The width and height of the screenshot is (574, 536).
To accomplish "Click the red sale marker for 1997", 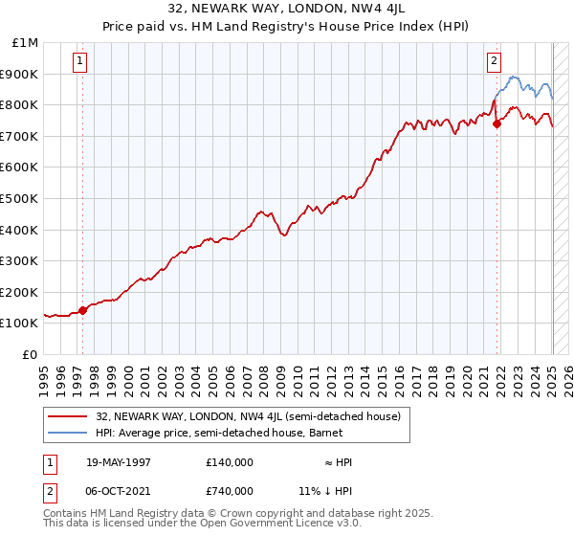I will click(82, 310).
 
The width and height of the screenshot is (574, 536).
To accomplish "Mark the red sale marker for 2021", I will click(497, 123).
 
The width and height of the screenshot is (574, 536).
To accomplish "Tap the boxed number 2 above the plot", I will click(494, 61).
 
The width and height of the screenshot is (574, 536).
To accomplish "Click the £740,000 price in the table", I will click(229, 491).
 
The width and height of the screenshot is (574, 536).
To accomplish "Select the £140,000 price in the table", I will click(229, 462).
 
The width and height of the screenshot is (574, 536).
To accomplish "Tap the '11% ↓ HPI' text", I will click(326, 491).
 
